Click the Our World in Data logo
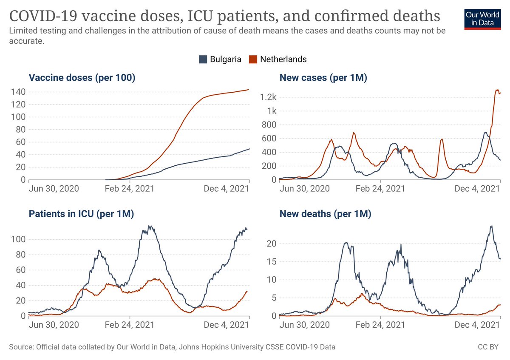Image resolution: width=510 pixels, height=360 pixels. point(482,18)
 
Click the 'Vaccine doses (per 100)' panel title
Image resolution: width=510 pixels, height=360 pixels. point(82,78)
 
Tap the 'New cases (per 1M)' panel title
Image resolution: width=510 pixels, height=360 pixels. point(323,78)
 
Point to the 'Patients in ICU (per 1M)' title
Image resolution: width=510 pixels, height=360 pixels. point(81,214)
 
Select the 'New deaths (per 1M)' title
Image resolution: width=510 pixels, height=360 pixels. point(325,214)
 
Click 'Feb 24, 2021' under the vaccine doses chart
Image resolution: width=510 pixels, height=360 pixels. point(130,188)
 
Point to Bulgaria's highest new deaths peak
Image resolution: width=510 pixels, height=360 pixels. point(491,226)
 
